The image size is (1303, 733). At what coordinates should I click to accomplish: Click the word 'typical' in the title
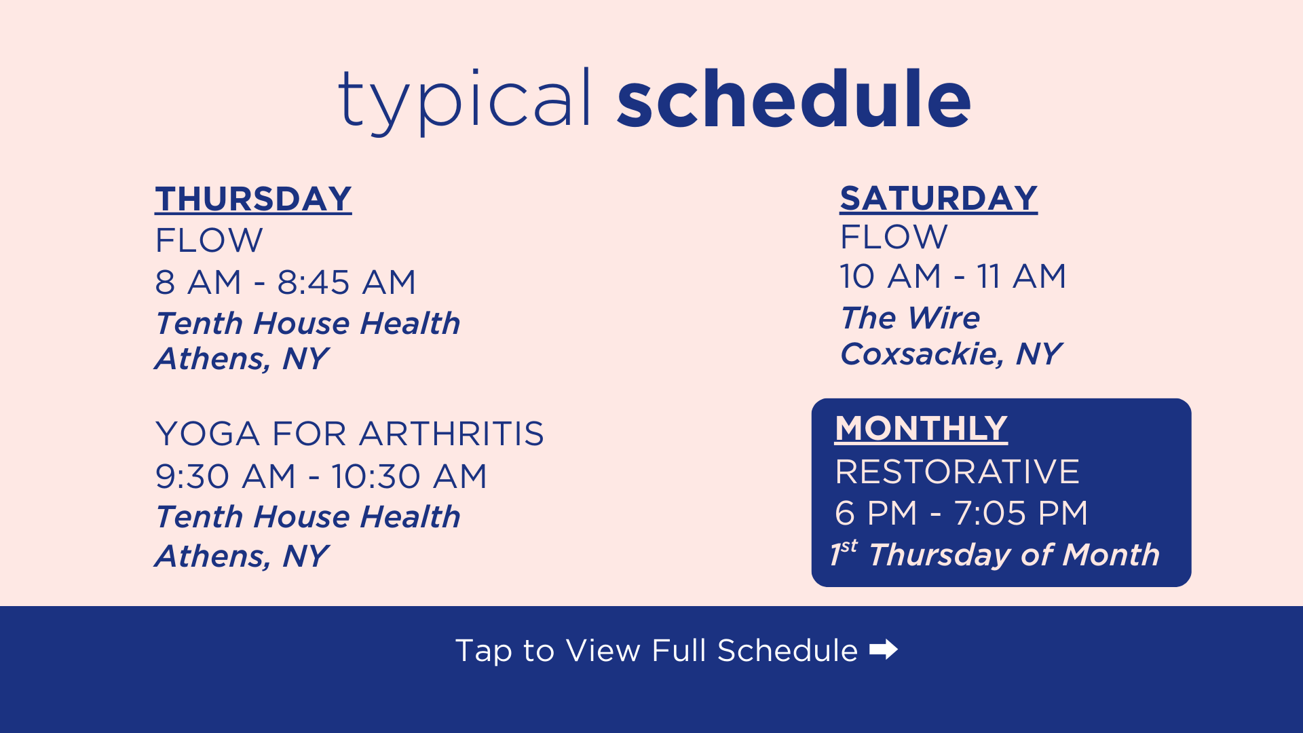click(x=464, y=100)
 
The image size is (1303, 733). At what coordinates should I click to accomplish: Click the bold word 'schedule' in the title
click(x=794, y=99)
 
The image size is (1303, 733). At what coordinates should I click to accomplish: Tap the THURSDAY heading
click(x=253, y=200)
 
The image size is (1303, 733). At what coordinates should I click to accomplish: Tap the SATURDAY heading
click(x=939, y=199)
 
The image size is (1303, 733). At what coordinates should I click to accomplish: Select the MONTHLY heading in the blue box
click(x=921, y=429)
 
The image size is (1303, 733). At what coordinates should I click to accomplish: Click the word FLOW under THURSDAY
click(x=209, y=240)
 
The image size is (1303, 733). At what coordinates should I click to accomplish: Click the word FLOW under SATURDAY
click(x=894, y=238)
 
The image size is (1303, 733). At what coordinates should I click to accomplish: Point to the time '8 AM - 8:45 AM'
click(x=285, y=282)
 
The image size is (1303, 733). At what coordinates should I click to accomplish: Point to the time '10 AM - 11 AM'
click(x=953, y=277)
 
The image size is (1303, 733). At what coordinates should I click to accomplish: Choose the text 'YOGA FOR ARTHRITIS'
click(x=350, y=434)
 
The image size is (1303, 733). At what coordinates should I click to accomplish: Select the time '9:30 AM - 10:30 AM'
click(x=321, y=476)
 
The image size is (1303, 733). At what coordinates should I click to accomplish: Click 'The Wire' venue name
click(x=910, y=318)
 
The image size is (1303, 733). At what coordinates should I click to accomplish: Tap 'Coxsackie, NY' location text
click(x=951, y=354)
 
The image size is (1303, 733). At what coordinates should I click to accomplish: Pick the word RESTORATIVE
click(x=957, y=472)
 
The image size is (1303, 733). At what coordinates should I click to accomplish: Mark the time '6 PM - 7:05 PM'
click(x=961, y=513)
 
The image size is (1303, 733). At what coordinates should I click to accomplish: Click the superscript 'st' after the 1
click(x=849, y=546)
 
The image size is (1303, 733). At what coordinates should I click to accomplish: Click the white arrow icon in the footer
click(x=884, y=650)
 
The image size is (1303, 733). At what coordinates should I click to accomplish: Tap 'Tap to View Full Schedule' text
click(x=656, y=650)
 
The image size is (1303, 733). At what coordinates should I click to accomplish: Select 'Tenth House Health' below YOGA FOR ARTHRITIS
click(x=308, y=517)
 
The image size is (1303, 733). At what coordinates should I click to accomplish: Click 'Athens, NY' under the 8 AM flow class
click(x=242, y=358)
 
